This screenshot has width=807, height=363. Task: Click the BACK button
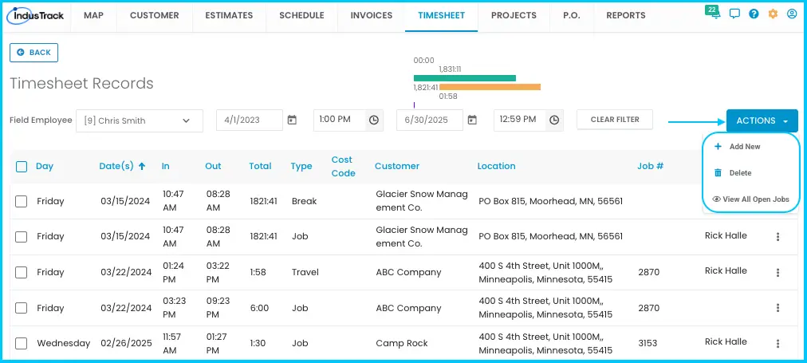click(x=34, y=53)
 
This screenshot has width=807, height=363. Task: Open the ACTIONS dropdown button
click(x=762, y=121)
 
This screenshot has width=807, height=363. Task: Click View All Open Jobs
click(x=751, y=199)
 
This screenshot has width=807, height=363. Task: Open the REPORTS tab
click(x=626, y=15)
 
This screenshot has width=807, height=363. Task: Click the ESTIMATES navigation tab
click(x=229, y=15)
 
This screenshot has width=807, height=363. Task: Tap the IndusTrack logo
click(x=36, y=15)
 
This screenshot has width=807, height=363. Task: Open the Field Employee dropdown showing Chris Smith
click(x=140, y=121)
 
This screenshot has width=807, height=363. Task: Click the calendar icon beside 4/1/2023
click(x=292, y=120)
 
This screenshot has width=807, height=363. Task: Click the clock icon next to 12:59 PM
click(x=553, y=120)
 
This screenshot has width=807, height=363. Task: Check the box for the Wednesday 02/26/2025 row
click(x=21, y=343)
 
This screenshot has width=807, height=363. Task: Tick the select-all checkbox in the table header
click(x=21, y=166)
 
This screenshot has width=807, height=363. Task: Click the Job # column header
click(x=650, y=166)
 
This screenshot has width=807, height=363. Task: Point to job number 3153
click(x=648, y=343)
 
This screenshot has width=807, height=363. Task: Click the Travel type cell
click(x=305, y=272)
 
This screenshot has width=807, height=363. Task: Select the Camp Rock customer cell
click(x=402, y=343)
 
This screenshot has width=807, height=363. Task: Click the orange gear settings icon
click(x=773, y=14)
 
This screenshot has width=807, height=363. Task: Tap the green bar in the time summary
click(x=465, y=78)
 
